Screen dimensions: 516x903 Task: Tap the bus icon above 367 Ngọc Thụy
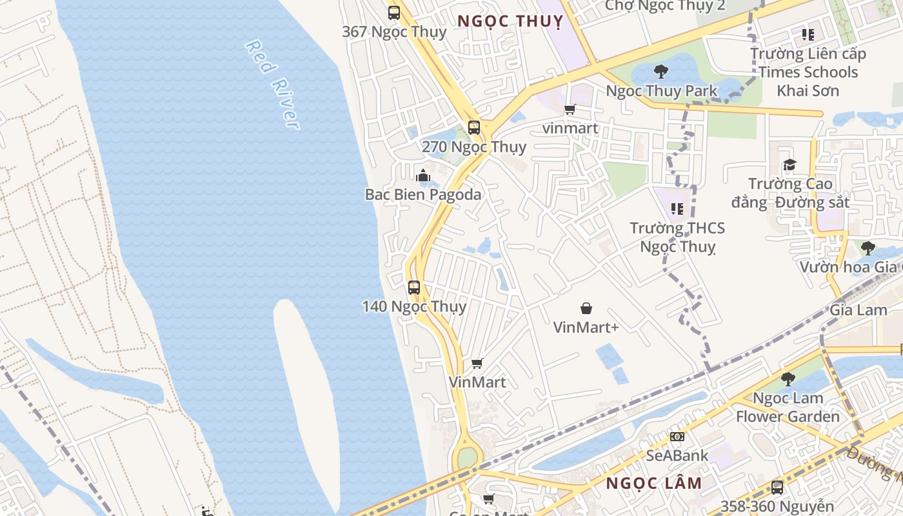pyautogui.click(x=394, y=12)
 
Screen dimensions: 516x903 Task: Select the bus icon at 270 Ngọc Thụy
pyautogui.click(x=474, y=127)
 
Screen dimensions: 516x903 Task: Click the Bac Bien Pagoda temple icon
pyautogui.click(x=423, y=175)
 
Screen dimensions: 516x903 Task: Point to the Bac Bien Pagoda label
pyautogui.click(x=423, y=194)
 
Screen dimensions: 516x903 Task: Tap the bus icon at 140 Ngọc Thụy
pyautogui.click(x=414, y=288)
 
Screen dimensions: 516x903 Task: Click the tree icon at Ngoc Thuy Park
pyautogui.click(x=660, y=72)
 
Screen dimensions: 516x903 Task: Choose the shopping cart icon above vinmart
pyautogui.click(x=570, y=109)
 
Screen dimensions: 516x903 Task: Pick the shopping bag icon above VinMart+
pyautogui.click(x=586, y=308)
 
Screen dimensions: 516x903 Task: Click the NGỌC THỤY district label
pyautogui.click(x=510, y=21)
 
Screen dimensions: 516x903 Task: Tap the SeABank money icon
pyautogui.click(x=677, y=437)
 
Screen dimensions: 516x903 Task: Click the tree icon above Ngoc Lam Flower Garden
pyautogui.click(x=788, y=379)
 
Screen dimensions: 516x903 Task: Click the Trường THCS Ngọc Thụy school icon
pyautogui.click(x=677, y=208)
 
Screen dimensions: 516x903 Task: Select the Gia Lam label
pyautogui.click(x=858, y=310)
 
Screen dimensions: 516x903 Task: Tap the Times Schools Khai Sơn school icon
pyautogui.click(x=808, y=34)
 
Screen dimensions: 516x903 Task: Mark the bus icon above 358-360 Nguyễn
pyautogui.click(x=777, y=487)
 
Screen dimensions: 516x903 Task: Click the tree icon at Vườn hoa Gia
pyautogui.click(x=868, y=248)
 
